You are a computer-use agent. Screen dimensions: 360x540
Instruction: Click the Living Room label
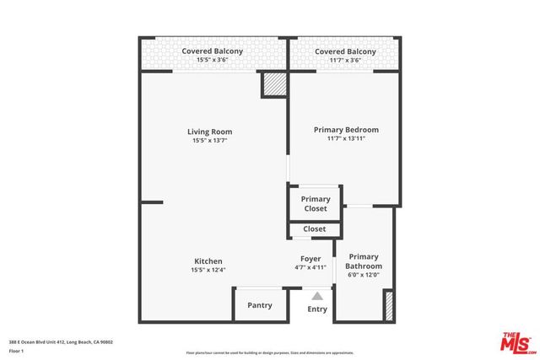(x=209, y=132)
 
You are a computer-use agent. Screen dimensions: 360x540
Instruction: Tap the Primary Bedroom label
(x=346, y=130)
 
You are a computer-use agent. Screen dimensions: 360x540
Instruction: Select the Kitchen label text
(x=208, y=261)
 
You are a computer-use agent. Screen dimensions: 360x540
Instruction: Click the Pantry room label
(x=259, y=305)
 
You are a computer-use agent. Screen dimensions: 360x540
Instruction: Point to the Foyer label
(x=310, y=258)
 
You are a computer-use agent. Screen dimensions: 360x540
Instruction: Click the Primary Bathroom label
(x=364, y=261)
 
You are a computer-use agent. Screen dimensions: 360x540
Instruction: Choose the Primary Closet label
(x=315, y=204)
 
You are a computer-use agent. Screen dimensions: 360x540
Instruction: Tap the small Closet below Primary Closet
(x=315, y=228)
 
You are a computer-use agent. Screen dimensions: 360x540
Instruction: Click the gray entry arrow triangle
(x=317, y=296)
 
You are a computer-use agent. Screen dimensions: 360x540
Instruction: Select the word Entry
(x=317, y=309)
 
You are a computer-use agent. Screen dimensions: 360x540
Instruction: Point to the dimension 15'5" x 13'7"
(x=209, y=141)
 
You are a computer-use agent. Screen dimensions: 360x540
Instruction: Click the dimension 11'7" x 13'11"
(x=346, y=140)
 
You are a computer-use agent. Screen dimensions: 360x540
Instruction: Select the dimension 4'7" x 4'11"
(x=310, y=267)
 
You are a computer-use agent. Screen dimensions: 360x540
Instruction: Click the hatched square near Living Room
(x=273, y=85)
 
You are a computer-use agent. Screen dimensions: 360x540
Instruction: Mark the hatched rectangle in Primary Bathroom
(x=389, y=304)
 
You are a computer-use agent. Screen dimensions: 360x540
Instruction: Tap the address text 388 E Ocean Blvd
(x=61, y=341)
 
